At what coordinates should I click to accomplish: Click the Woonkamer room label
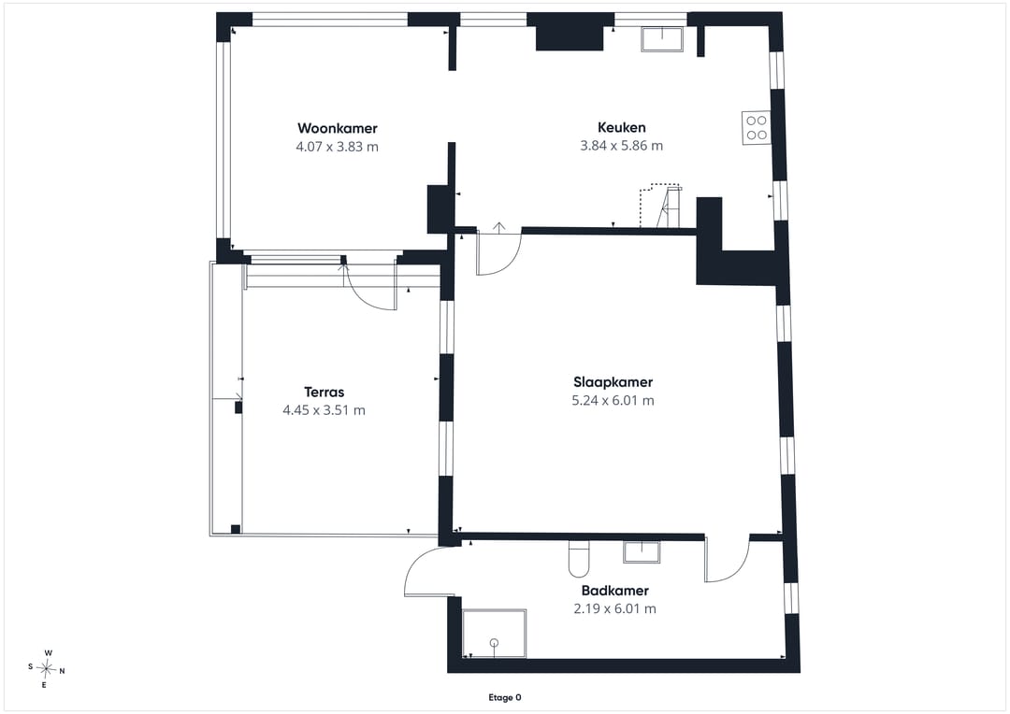(x=337, y=128)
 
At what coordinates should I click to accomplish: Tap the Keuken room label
(x=622, y=127)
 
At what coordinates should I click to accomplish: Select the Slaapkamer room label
(x=613, y=382)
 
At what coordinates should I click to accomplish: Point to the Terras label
(x=324, y=393)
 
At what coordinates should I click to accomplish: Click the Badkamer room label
(x=615, y=591)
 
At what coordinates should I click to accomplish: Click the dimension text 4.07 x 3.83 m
(x=337, y=147)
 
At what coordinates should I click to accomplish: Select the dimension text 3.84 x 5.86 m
(x=622, y=146)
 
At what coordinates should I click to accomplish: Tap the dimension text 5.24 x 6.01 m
(x=613, y=401)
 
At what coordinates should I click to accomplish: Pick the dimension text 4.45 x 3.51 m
(x=324, y=410)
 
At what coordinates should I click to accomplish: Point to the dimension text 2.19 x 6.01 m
(x=615, y=608)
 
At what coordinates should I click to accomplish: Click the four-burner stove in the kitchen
(x=757, y=127)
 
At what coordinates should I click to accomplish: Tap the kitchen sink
(x=662, y=38)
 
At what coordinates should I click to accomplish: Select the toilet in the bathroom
(x=579, y=558)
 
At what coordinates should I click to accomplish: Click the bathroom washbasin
(x=642, y=551)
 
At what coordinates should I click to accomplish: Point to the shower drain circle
(x=494, y=642)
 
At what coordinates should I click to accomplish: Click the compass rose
(x=47, y=669)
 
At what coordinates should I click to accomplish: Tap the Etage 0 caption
(x=505, y=697)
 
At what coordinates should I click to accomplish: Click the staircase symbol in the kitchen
(x=660, y=206)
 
